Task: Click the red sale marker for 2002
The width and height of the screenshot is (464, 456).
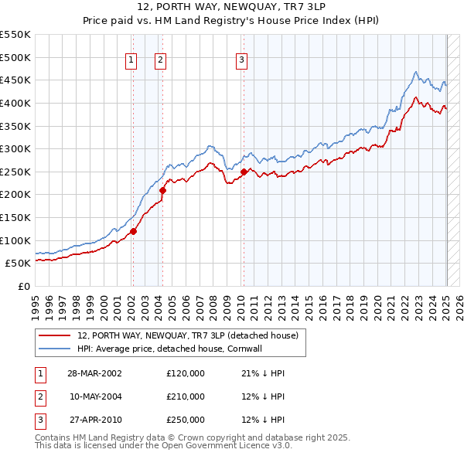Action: coord(133,230)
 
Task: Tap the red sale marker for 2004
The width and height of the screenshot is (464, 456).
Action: coord(163,189)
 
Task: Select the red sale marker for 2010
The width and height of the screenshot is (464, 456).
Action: coord(244,172)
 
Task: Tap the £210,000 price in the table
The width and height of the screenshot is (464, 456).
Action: coord(186,396)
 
